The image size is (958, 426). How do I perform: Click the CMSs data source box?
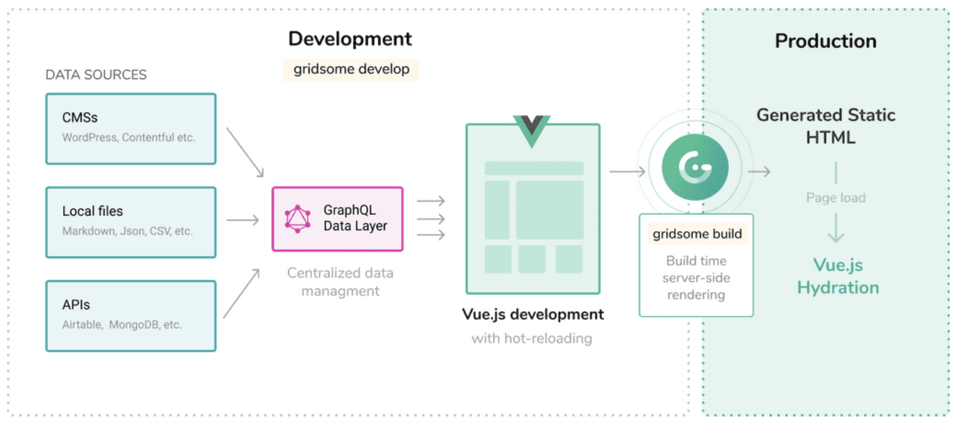pyautogui.click(x=131, y=129)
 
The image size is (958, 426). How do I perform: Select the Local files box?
pyautogui.click(x=131, y=222)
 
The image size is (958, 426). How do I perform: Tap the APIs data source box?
pyautogui.click(x=131, y=316)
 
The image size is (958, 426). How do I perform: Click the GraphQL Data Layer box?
pyautogui.click(x=337, y=219)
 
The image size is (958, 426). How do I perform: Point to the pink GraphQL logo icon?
pyautogui.click(x=298, y=219)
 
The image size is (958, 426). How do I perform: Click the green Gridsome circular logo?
pyautogui.click(x=695, y=167)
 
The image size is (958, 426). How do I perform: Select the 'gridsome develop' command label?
pyautogui.click(x=351, y=70)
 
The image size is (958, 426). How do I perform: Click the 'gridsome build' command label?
pyautogui.click(x=697, y=234)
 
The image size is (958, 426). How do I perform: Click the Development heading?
pyautogui.click(x=350, y=39)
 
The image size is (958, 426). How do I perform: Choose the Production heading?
pyautogui.click(x=825, y=41)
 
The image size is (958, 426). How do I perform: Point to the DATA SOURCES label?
pyautogui.click(x=96, y=75)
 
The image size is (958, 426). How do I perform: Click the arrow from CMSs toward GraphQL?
pyautogui.click(x=245, y=152)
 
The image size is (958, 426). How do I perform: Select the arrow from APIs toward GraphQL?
pyautogui.click(x=242, y=293)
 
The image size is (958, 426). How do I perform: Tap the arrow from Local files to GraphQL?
pyautogui.click(x=243, y=220)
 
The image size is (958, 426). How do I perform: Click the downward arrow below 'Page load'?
pyautogui.click(x=836, y=228)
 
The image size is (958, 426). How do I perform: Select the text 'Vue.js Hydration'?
pyautogui.click(x=838, y=276)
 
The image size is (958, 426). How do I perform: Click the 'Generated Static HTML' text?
pyautogui.click(x=826, y=126)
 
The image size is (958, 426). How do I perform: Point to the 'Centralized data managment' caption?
pyautogui.click(x=340, y=281)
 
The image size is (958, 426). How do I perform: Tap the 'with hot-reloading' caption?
pyautogui.click(x=532, y=339)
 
